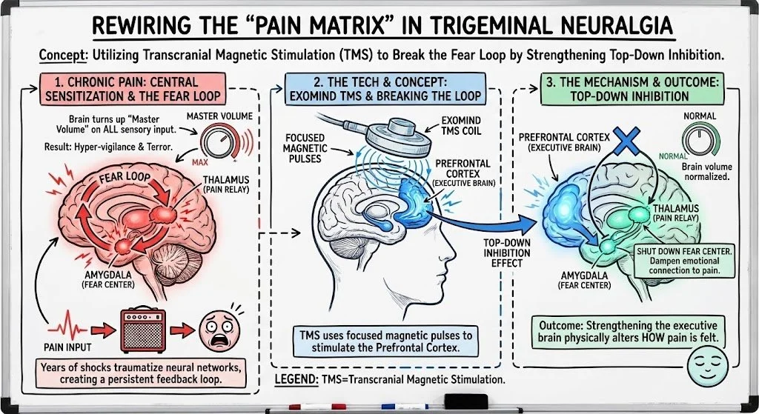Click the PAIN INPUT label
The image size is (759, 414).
pyautogui.click(x=64, y=345)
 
